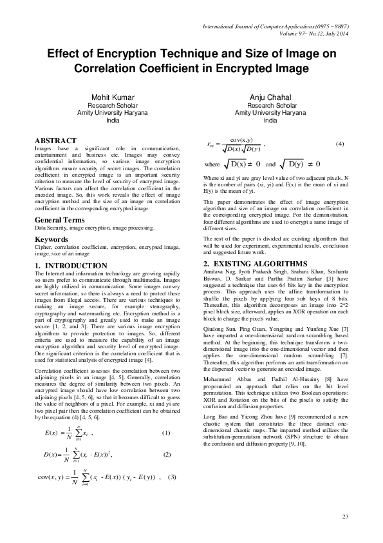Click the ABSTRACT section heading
coord(55,141)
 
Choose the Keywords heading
coord(51,239)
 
